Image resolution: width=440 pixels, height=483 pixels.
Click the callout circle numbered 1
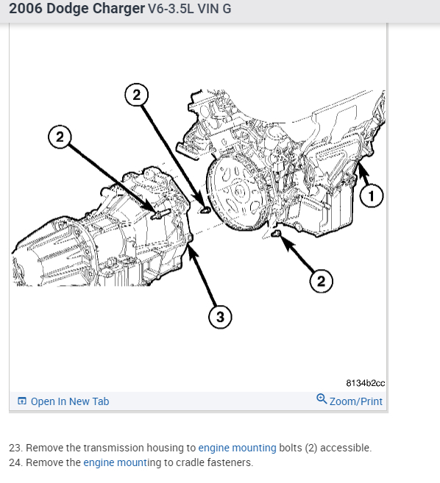[x=372, y=196]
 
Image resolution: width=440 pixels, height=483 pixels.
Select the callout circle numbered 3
[x=220, y=317]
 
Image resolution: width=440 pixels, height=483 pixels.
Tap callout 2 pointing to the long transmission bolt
[x=60, y=137]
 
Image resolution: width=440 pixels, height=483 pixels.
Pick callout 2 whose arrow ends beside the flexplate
[x=137, y=95]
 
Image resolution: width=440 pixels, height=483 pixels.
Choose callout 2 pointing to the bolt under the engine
[x=322, y=281]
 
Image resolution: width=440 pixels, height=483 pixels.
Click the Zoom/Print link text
[x=356, y=401]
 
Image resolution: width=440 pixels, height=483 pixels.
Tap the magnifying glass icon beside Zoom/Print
[x=322, y=399]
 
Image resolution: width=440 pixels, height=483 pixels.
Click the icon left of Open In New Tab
[x=22, y=401]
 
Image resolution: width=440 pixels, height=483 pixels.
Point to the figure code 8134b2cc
[x=366, y=383]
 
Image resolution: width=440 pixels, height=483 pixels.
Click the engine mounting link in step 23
[x=237, y=448]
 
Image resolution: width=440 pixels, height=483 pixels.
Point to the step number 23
[x=15, y=448]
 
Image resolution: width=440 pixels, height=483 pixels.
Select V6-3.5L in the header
[x=171, y=9]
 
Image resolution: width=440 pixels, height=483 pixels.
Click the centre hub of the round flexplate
[x=239, y=192]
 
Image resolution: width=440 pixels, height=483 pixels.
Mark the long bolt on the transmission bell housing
[x=161, y=214]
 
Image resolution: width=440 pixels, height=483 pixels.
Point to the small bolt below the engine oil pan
[x=276, y=234]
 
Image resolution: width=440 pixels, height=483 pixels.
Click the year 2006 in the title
[x=26, y=8]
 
